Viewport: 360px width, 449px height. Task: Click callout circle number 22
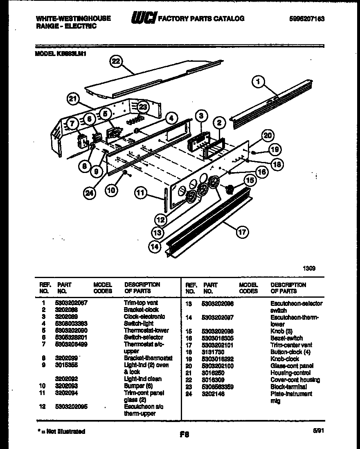pos(116,61)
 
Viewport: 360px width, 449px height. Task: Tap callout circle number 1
pos(258,82)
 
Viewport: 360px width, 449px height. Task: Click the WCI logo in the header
pos(144,18)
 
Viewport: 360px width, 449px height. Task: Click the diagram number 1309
pos(309,269)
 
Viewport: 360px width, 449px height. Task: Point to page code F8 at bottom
pos(184,435)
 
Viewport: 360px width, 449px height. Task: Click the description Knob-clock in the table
pos(284,359)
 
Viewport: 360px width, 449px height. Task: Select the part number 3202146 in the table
pos(213,394)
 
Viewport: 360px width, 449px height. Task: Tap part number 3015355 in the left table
pos(66,365)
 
